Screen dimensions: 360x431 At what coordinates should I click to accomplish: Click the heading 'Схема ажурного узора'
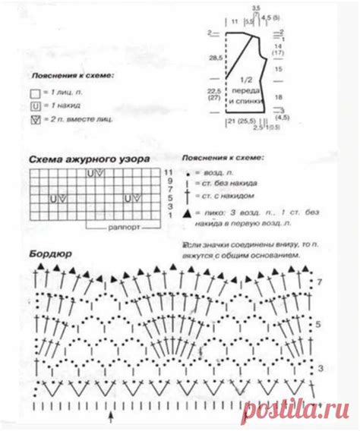pos(90,159)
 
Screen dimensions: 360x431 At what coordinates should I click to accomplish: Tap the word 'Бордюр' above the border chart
pos(52,253)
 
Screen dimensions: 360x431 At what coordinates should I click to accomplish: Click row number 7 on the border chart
pos(320,282)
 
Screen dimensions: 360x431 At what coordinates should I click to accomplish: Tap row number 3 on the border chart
pos(320,367)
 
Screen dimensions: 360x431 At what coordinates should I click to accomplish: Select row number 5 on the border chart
pos(320,324)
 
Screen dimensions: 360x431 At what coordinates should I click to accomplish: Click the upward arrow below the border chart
pos(113,417)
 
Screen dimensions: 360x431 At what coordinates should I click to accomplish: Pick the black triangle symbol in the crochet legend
pos(187,215)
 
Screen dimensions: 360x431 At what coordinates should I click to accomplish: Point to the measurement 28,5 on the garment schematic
pos(216,57)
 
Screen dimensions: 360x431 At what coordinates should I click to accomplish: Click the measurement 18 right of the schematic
pos(279,98)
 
